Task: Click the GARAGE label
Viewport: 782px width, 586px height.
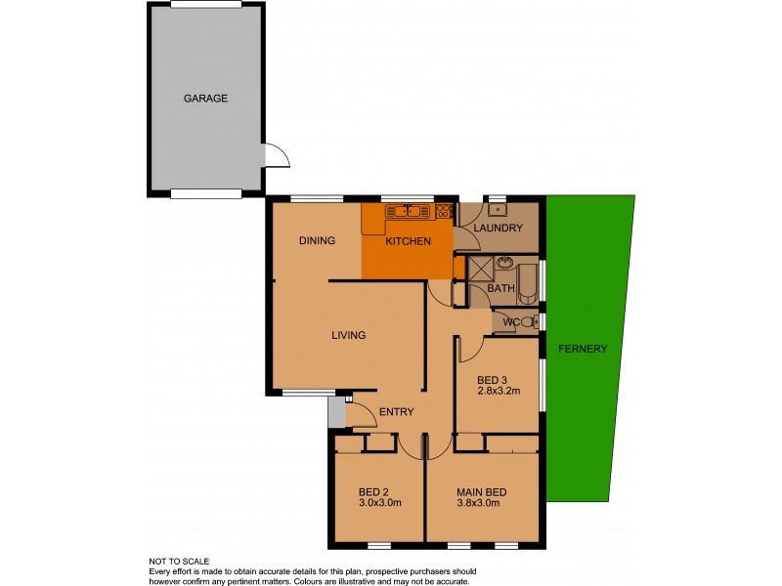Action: pos(205,99)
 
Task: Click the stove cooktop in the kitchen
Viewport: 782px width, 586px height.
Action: pos(445,210)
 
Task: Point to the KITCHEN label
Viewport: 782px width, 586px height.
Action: pos(408,240)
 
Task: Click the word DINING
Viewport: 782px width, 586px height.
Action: pos(317,240)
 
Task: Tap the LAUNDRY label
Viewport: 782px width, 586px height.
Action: pos(499,229)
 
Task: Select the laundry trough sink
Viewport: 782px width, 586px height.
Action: pos(497,209)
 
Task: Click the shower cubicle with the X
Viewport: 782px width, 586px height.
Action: pos(480,269)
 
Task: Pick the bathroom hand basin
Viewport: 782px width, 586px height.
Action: pos(504,263)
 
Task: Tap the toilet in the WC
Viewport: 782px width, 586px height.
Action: pos(528,322)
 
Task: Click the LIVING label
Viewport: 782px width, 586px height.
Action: pos(348,335)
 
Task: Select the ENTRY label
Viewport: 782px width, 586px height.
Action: pos(396,411)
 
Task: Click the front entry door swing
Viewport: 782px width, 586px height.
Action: pos(363,415)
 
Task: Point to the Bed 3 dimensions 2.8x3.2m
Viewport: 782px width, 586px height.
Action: pos(498,391)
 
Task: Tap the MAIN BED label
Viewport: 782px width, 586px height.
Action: pos(479,491)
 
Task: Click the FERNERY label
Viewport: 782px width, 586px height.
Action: pos(583,349)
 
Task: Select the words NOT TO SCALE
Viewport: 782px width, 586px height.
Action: pos(180,562)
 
